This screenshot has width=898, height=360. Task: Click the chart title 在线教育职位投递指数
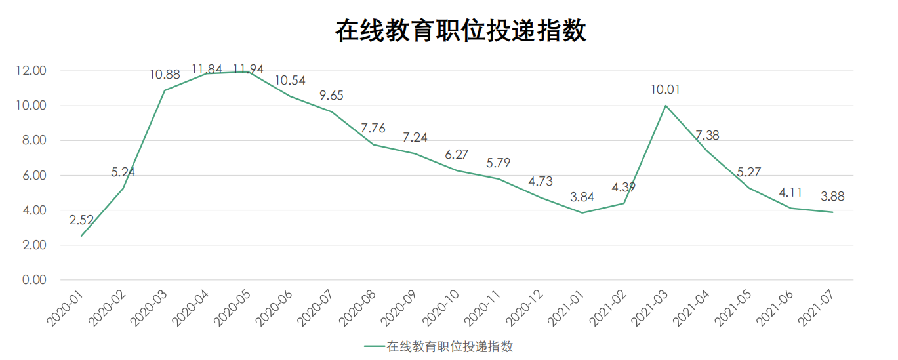[460, 31]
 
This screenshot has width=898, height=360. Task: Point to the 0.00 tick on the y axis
[33, 280]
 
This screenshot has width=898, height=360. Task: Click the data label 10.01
[666, 90]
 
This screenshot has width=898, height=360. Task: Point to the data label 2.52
[81, 220]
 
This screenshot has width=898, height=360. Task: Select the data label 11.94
[249, 68]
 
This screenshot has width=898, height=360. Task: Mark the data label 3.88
[832, 196]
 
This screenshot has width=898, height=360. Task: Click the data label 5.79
[499, 163]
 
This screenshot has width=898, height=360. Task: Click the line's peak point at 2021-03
[666, 105]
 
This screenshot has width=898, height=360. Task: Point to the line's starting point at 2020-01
[81, 236]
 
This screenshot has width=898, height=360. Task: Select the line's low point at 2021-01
[582, 212]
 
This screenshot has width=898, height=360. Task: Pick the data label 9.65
[331, 96]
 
